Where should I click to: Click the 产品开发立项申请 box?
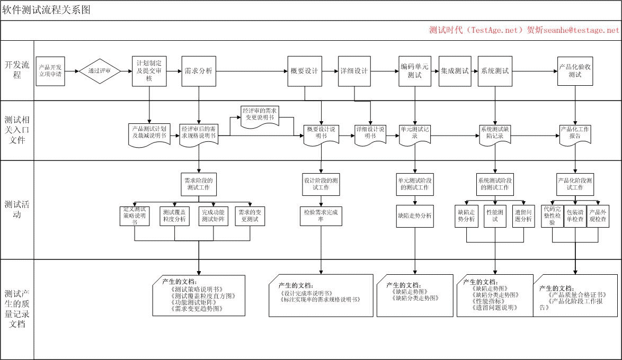coord(50,71)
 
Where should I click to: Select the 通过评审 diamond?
coord(100,71)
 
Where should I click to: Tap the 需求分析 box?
coord(199,71)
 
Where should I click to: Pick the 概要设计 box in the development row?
coord(304,71)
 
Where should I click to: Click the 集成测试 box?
coord(455,71)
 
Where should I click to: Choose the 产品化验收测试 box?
coord(575,71)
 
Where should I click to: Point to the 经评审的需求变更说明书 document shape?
coord(260,114)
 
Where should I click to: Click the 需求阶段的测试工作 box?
coord(199,184)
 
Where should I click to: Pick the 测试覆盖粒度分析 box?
coord(175,216)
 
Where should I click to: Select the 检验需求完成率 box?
coord(321,216)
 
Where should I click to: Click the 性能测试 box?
coord(495,216)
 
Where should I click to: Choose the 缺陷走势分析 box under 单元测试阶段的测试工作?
coord(415,216)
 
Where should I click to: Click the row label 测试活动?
coord(17,209)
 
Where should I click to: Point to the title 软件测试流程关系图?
coord(47,11)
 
